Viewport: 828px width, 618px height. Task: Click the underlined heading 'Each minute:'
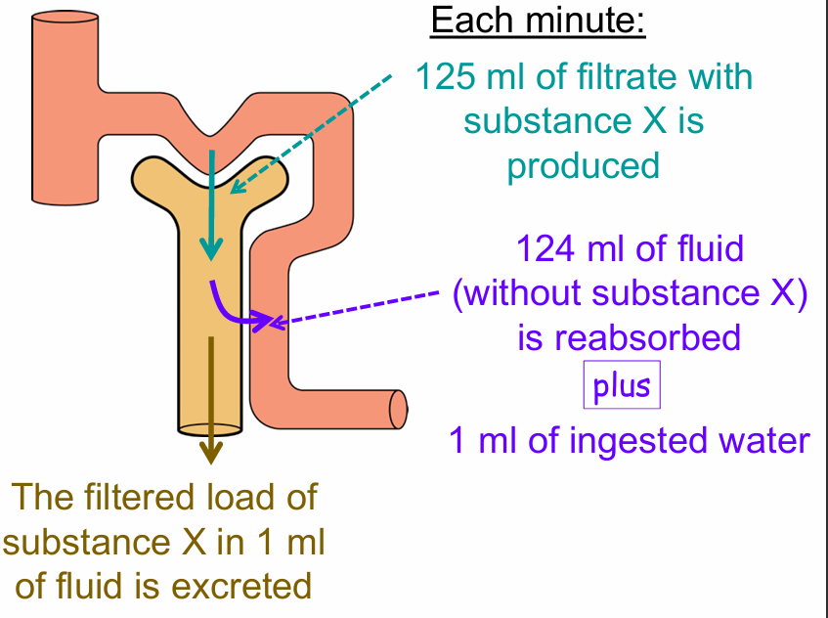pos(539,21)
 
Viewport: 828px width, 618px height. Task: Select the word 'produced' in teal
pos(584,165)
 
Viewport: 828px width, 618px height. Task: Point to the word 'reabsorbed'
pos(629,337)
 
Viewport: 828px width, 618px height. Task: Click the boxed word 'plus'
pos(622,386)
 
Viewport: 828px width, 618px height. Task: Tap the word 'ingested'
pos(619,440)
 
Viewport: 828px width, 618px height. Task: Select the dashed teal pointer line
pos(313,132)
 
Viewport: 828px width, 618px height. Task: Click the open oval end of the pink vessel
pos(398,409)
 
